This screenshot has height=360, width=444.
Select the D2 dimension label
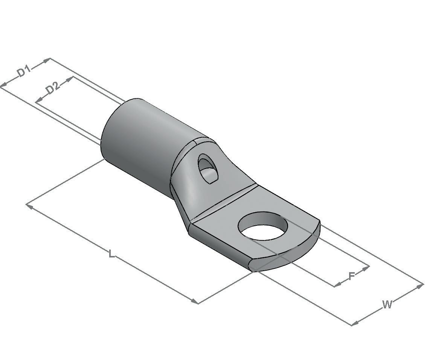coord(53,88)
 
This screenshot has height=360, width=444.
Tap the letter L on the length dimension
coord(112,253)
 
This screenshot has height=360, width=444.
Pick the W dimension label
coord(387,305)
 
